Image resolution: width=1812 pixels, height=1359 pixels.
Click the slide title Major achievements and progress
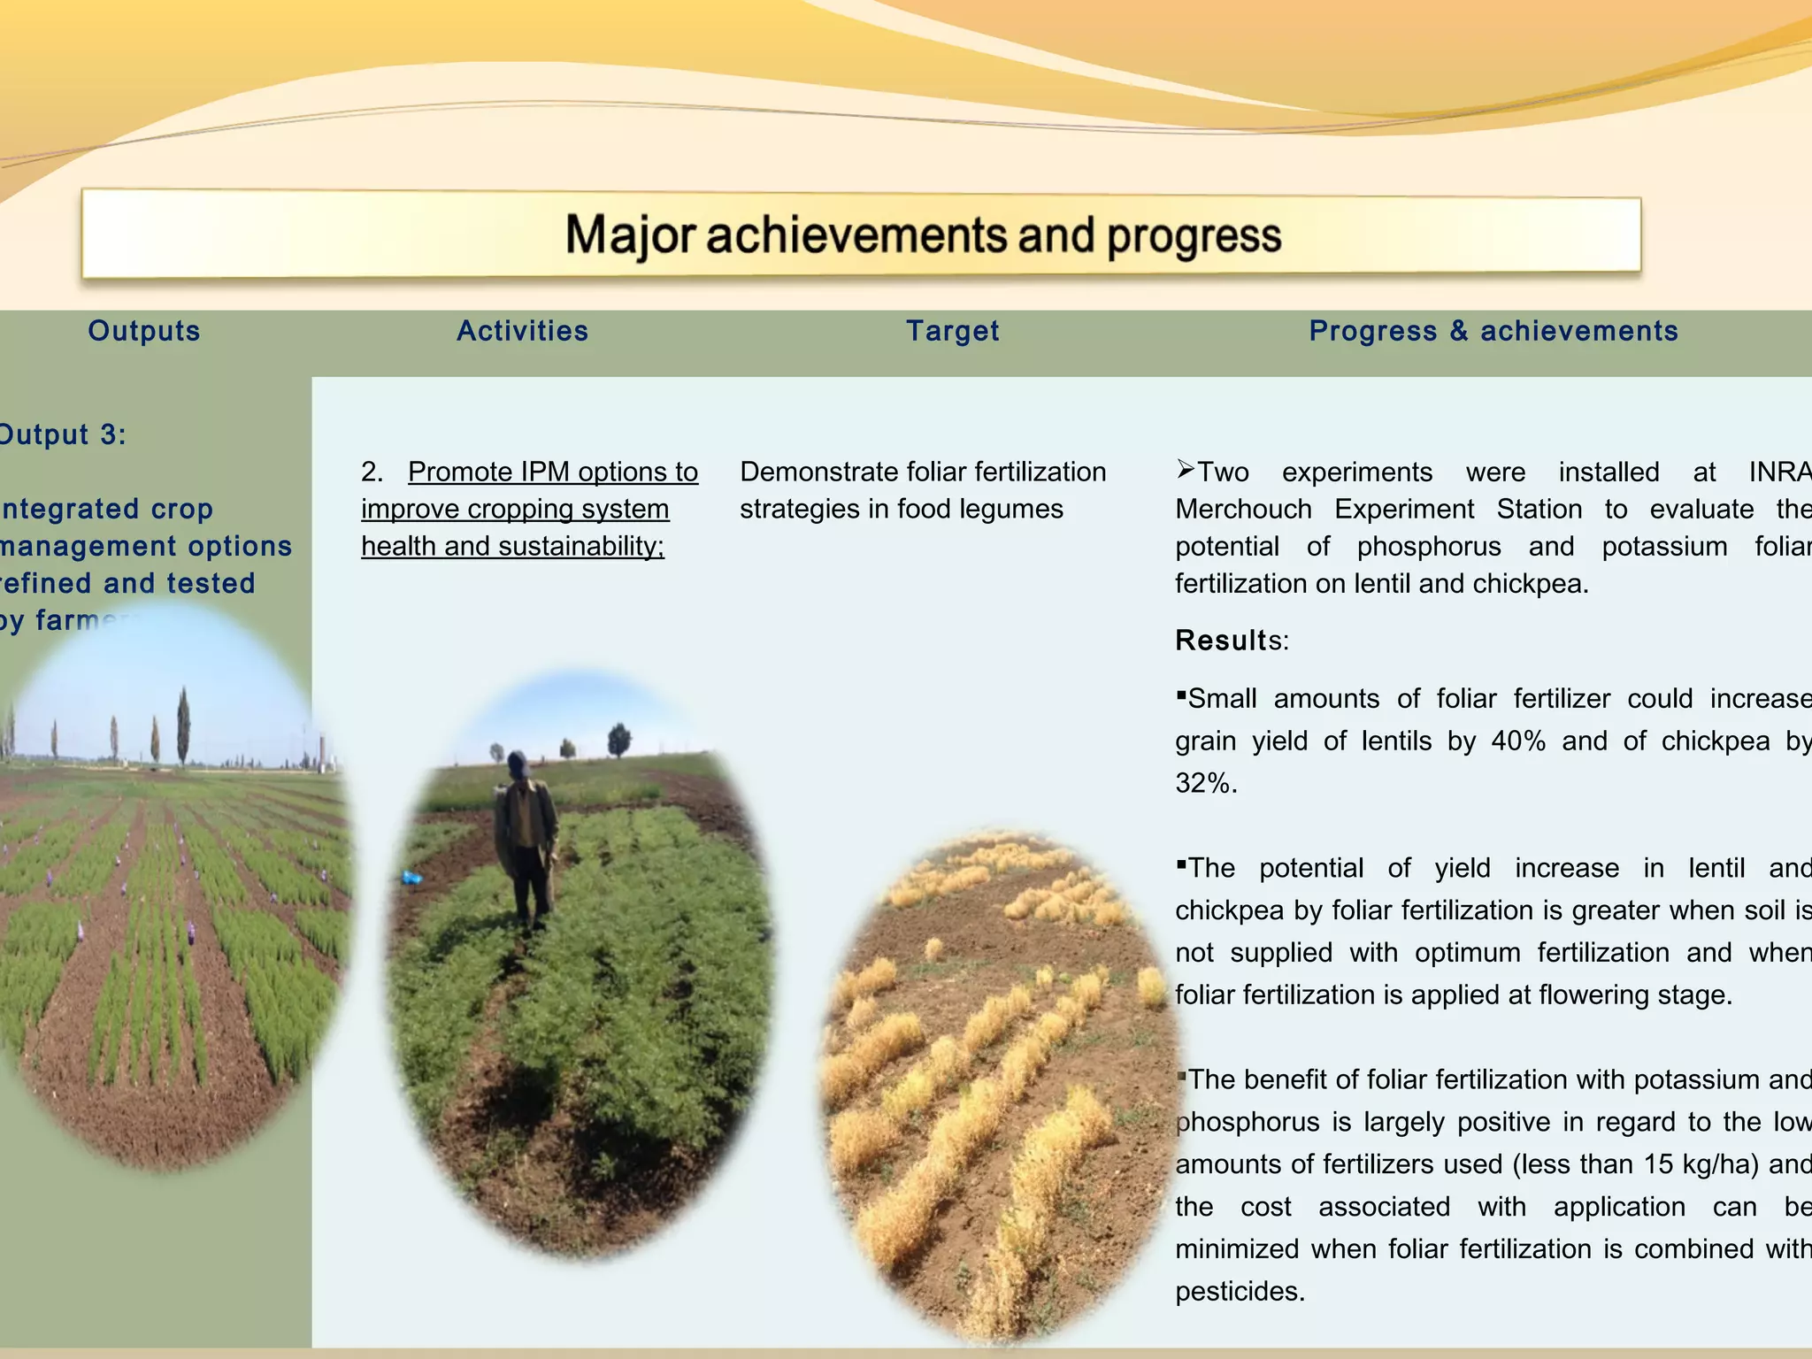point(923,235)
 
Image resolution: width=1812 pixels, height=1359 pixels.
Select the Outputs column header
point(144,331)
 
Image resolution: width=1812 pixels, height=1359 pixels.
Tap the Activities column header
point(522,331)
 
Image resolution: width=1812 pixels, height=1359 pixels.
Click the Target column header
point(952,331)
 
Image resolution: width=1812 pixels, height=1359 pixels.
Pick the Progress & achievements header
point(1493,331)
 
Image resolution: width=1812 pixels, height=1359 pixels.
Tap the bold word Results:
point(1232,640)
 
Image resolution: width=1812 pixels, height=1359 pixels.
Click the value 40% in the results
point(1518,741)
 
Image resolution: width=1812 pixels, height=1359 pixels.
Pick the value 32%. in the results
point(1206,783)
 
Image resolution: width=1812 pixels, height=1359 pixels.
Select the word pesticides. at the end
point(1240,1291)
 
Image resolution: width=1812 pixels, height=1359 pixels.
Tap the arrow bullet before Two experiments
point(1186,470)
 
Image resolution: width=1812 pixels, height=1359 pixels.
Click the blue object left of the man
point(411,878)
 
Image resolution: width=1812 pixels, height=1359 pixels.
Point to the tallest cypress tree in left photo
point(183,726)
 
